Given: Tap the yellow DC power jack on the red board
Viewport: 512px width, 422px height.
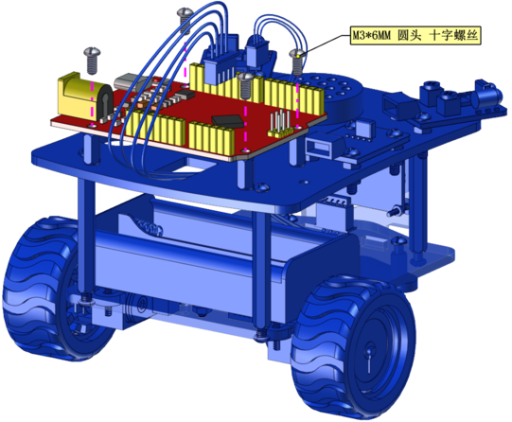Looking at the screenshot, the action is pos(84,97).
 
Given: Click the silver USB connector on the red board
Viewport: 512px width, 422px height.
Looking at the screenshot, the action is pos(129,81).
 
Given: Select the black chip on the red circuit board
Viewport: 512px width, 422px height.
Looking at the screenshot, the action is pos(228,120).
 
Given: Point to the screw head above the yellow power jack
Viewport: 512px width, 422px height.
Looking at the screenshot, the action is pos(93,52).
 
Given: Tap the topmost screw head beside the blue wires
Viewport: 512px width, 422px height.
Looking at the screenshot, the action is pos(185,12).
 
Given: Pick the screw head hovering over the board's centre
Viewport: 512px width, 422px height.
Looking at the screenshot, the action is pos(246,78).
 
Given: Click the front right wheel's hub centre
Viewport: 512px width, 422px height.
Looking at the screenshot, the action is pos(369,352).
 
